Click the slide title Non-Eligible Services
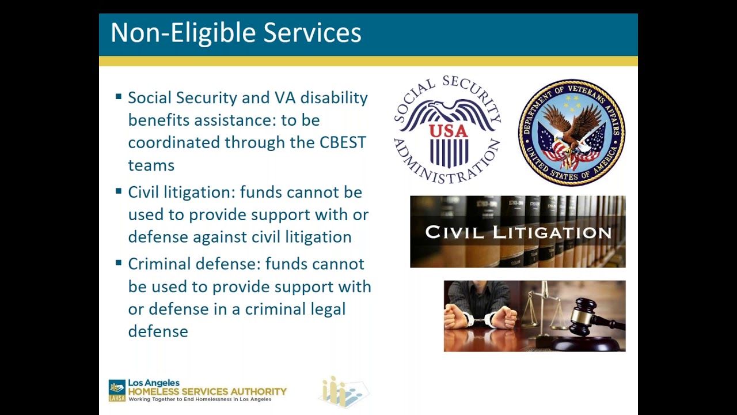coord(235,33)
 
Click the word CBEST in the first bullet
coord(343,142)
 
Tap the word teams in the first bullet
coord(151,165)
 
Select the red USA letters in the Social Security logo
coord(448,131)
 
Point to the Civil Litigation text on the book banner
coord(518,232)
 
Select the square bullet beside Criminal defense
coord(119,263)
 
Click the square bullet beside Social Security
coord(119,97)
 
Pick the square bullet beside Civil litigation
coord(119,191)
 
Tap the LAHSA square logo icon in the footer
coord(117,390)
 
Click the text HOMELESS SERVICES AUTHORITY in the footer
coord(207,391)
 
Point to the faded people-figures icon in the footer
coord(343,392)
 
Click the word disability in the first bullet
coord(334,98)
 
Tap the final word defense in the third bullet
coord(158,331)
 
